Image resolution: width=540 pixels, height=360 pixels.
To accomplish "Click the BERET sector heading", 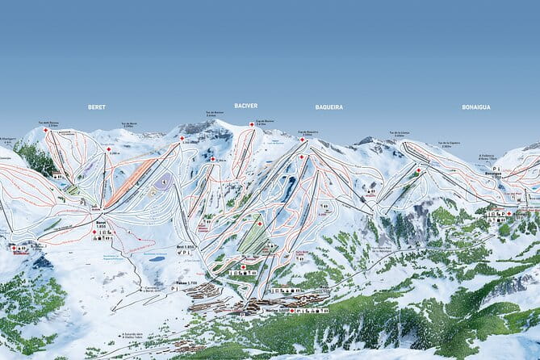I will pos(97,107).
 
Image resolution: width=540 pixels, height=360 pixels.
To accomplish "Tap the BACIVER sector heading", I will pos(246,106).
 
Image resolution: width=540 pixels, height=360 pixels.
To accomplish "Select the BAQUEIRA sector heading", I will pos(329,107).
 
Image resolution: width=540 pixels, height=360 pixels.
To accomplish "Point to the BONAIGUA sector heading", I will pos(476,107).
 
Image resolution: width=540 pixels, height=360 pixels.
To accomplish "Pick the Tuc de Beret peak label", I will pos(129,124).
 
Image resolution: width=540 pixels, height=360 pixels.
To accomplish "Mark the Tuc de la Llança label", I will pos(399,132).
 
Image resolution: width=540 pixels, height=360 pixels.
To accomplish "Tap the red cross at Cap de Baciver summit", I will pos(252,124).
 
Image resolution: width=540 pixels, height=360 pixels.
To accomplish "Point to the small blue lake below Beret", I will pos(158,258).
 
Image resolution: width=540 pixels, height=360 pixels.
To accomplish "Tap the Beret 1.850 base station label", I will pos(101,225).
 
